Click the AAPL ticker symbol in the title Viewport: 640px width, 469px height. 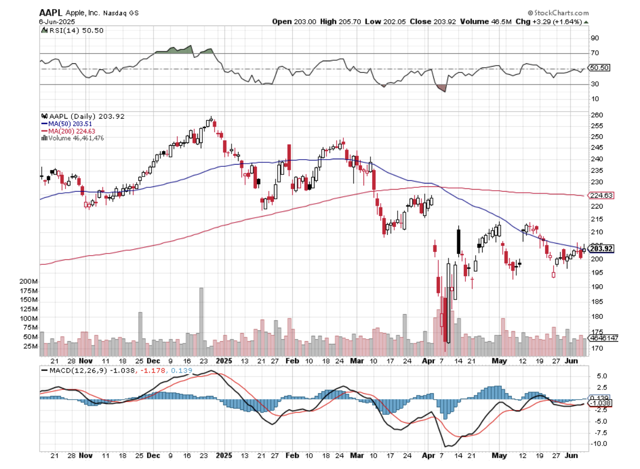coord(50,12)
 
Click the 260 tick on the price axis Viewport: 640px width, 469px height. coord(596,115)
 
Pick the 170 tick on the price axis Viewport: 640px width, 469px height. coord(596,348)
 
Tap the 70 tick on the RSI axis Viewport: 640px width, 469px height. coord(595,53)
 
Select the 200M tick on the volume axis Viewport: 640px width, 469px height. coord(28,282)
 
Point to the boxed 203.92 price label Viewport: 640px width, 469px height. coord(601,249)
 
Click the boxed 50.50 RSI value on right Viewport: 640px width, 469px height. coord(599,68)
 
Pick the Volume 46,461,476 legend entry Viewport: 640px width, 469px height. coord(75,138)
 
